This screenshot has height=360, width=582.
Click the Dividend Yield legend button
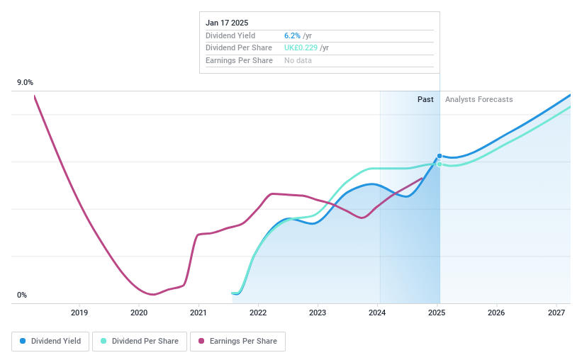pyautogui.click(x=51, y=341)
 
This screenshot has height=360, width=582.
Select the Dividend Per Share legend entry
pyautogui.click(x=140, y=341)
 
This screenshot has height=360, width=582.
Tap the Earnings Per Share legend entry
pyautogui.click(x=237, y=341)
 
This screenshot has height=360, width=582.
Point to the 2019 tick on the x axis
pyautogui.click(x=79, y=313)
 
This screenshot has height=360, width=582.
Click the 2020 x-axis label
pyautogui.click(x=139, y=313)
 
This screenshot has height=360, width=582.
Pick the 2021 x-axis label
pyautogui.click(x=198, y=313)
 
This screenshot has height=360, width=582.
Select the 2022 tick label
pyautogui.click(x=258, y=313)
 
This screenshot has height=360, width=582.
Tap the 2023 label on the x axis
pyautogui.click(x=318, y=313)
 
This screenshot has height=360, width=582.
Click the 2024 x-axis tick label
pyautogui.click(x=378, y=313)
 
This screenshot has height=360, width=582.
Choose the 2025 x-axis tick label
pyautogui.click(x=437, y=313)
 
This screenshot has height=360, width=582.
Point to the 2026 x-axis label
pyautogui.click(x=497, y=313)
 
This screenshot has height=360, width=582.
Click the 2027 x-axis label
pyautogui.click(x=556, y=313)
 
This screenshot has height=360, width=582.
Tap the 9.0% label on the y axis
pyautogui.click(x=25, y=83)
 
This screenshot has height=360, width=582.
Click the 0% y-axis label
pyautogui.click(x=21, y=296)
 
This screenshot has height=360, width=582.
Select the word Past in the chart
pyautogui.click(x=425, y=99)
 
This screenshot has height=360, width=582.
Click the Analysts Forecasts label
pyautogui.click(x=479, y=99)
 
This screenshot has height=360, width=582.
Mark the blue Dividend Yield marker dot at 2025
pyautogui.click(x=440, y=156)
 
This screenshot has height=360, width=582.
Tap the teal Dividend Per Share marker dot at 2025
pyautogui.click(x=440, y=164)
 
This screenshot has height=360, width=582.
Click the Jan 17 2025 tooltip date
pyautogui.click(x=227, y=23)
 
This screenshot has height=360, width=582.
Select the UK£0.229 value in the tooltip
pyautogui.click(x=301, y=48)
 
